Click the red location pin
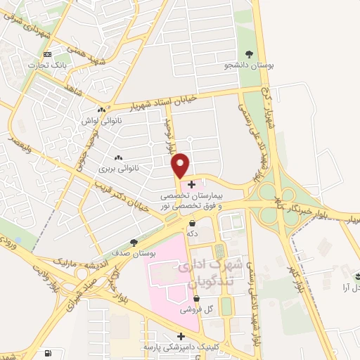[x=181, y=164]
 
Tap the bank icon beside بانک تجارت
[x=47, y=55]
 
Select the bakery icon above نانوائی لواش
[x=103, y=110]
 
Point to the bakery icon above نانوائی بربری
[x=117, y=157]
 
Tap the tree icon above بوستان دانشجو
[x=248, y=53]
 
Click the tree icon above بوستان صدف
[x=134, y=241]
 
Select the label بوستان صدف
[x=134, y=252]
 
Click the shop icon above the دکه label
[x=192, y=223]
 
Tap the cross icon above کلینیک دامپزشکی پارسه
[x=181, y=336]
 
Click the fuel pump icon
[x=47, y=352]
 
